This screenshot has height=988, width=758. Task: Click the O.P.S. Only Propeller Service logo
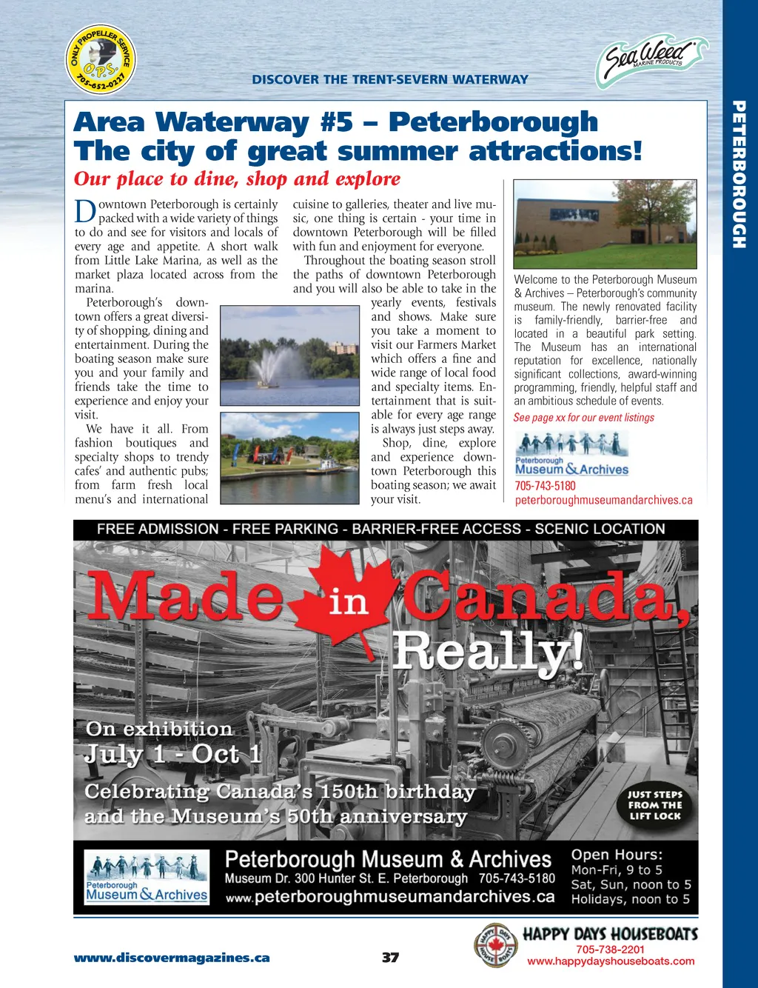click(x=101, y=59)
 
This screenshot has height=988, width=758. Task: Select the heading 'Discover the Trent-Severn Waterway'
click(x=390, y=79)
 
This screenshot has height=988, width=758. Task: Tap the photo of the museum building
click(x=605, y=223)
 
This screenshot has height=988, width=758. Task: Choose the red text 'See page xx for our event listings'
click(x=584, y=417)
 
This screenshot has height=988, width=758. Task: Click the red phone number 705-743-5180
click(x=545, y=486)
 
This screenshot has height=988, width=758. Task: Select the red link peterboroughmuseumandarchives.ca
click(x=603, y=500)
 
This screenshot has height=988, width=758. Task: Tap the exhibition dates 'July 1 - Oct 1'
click(x=173, y=754)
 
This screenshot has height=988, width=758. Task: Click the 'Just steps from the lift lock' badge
click(x=655, y=805)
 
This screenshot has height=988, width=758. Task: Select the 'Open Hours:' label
click(x=617, y=855)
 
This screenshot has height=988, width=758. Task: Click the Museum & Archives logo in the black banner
click(x=147, y=878)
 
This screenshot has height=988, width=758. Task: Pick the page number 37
click(x=390, y=957)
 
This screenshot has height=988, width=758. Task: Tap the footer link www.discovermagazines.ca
click(x=172, y=958)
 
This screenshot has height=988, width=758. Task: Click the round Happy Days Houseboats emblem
click(x=494, y=946)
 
